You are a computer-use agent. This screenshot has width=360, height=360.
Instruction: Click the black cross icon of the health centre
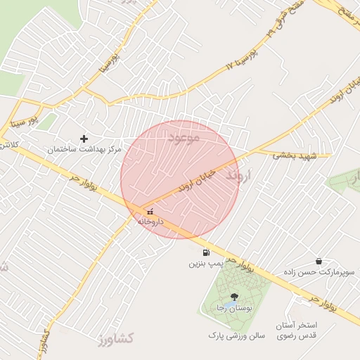[x=84, y=139]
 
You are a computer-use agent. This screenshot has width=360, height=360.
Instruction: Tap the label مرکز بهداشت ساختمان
[x=84, y=150]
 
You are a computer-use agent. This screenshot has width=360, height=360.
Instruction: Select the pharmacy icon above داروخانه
[x=149, y=211]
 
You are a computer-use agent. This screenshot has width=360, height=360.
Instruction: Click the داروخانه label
[x=150, y=221]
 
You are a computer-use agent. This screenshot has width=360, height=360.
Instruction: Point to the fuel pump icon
[x=206, y=252]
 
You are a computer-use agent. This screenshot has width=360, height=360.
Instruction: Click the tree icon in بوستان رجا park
[x=234, y=297]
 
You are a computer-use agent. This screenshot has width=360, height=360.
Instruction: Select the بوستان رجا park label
[x=234, y=309]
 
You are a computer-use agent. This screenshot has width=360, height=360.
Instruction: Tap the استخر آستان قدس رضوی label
[x=305, y=330]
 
